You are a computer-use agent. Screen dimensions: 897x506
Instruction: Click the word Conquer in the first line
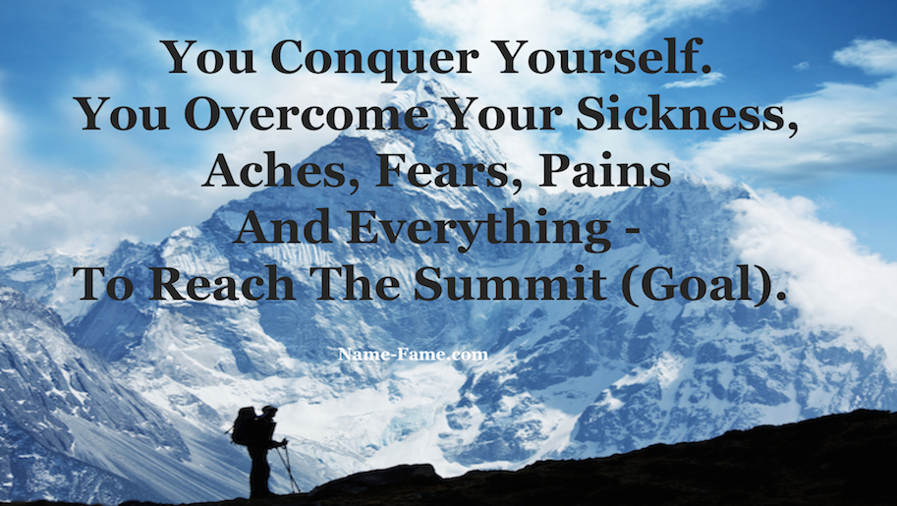(x=374, y=58)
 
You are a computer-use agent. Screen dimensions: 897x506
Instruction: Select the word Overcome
(x=307, y=114)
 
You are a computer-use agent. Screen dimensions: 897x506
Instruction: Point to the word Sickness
(x=687, y=115)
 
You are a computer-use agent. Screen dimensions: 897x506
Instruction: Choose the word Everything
(x=479, y=230)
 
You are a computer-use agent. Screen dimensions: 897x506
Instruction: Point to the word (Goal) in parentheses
(x=700, y=285)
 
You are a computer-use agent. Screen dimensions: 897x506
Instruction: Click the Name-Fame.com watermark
(x=413, y=355)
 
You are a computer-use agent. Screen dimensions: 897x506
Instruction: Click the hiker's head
(x=269, y=411)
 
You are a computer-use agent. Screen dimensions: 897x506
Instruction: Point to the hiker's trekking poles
(x=288, y=468)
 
